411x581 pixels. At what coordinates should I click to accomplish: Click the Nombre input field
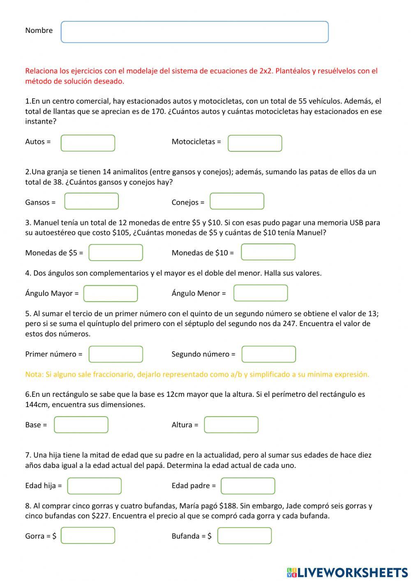[194, 32]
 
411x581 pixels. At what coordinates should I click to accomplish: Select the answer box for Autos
[88, 143]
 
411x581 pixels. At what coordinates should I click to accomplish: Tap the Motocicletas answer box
[255, 144]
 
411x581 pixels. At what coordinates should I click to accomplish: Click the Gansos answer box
[91, 201]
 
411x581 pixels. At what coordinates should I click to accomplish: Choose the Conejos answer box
[237, 201]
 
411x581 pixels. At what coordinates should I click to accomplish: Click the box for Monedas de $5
[115, 252]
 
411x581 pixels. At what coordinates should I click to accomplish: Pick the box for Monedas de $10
[268, 252]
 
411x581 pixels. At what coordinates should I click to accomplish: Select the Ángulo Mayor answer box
[110, 294]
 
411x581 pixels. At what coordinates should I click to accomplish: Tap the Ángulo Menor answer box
[261, 293]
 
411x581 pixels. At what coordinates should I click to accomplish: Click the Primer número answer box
[115, 354]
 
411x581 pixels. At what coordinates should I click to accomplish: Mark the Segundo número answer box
[268, 354]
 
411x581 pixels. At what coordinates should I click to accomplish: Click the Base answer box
[81, 425]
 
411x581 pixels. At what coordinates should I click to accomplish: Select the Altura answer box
[231, 425]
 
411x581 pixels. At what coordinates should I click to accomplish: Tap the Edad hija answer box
[94, 486]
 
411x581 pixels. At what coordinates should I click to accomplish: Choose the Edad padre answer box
[247, 486]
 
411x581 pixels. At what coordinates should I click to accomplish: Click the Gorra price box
[88, 536]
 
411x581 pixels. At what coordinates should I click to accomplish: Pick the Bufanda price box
[245, 536]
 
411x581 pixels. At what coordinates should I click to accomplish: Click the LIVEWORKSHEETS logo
[347, 572]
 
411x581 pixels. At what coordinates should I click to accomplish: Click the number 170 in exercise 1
[158, 111]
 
